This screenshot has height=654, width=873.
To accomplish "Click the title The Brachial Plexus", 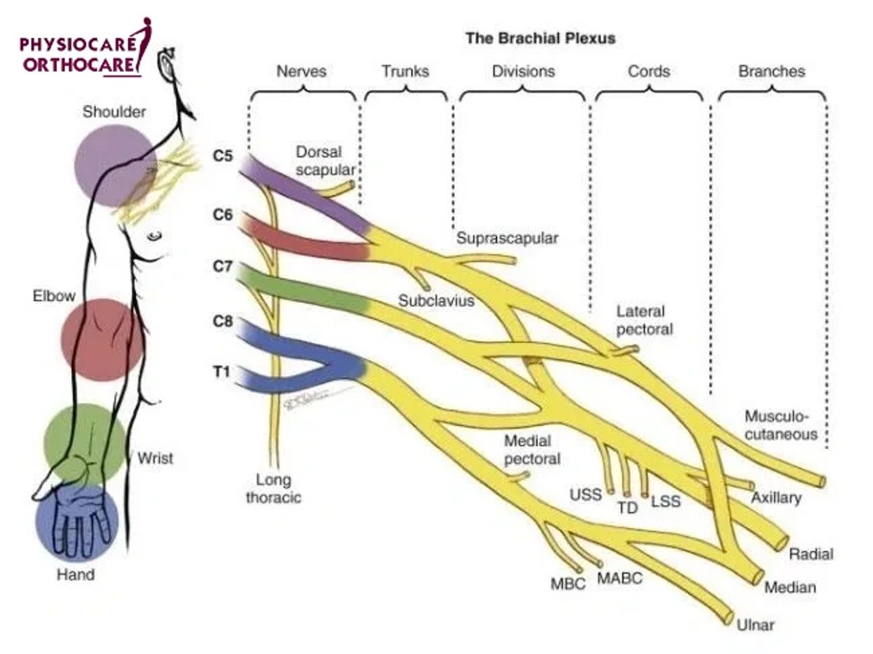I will pyautogui.click(x=540, y=38).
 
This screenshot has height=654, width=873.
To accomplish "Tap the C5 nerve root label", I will pyautogui.click(x=222, y=156).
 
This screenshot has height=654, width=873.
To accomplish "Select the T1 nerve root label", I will pyautogui.click(x=222, y=372).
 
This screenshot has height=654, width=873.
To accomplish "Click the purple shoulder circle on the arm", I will pyautogui.click(x=115, y=165).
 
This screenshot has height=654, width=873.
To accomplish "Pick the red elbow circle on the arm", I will pyautogui.click(x=102, y=339).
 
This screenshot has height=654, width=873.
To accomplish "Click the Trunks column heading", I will pyautogui.click(x=405, y=71).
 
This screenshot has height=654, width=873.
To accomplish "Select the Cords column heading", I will pyautogui.click(x=648, y=71).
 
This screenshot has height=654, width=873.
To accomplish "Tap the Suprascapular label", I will pyautogui.click(x=507, y=238).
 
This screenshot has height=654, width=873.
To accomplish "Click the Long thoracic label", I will pyautogui.click(x=274, y=489).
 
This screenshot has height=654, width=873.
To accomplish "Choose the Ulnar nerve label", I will pyautogui.click(x=755, y=624).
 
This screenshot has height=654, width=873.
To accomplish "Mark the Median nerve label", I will pyautogui.click(x=790, y=587).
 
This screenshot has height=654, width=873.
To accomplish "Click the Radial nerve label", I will pyautogui.click(x=811, y=553).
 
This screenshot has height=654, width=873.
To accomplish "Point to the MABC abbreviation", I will pyautogui.click(x=620, y=579).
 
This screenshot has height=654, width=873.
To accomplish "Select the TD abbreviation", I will pyautogui.click(x=627, y=507).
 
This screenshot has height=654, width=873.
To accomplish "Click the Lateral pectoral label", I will pyautogui.click(x=644, y=320).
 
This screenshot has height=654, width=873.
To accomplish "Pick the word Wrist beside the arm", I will pyautogui.click(x=155, y=458).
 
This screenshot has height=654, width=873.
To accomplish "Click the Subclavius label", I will pyautogui.click(x=436, y=301).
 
